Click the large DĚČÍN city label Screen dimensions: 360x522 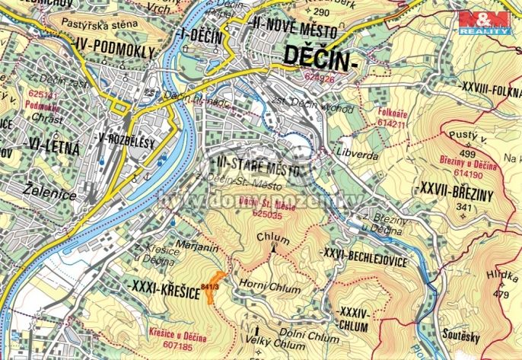click(x=319, y=57)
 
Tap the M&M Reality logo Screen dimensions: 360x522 click(x=482, y=24)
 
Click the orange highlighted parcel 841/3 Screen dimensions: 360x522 click(x=215, y=287)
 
